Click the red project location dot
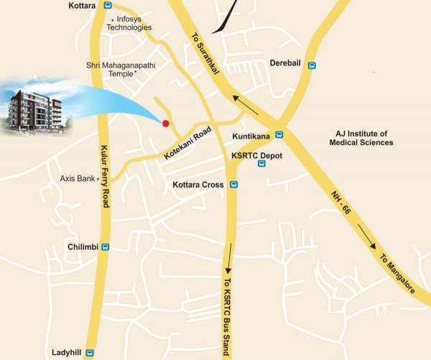[165, 124]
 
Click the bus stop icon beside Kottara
[108, 5]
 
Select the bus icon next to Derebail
[312, 65]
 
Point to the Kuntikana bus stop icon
[279, 134]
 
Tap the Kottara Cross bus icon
[233, 185]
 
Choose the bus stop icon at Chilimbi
[106, 247]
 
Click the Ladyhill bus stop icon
[90, 352]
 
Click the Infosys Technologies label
[129, 23]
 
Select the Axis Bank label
[77, 177]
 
